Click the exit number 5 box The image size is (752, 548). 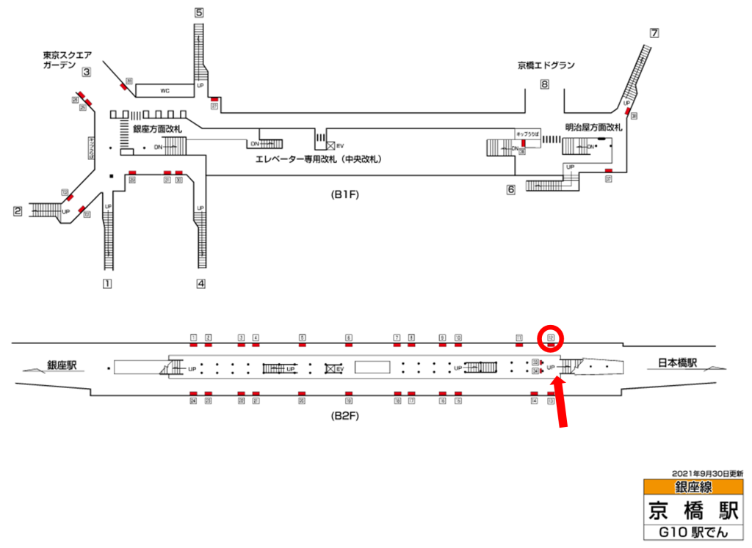tap(199, 12)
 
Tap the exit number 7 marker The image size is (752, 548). tap(654, 33)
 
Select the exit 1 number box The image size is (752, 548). tap(107, 282)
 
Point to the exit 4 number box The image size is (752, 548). tap(200, 282)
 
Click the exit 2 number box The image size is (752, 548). tap(17, 211)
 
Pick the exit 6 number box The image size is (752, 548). tap(510, 189)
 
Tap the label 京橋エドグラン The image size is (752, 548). tap(546, 65)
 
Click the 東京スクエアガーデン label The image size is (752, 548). tap(67, 59)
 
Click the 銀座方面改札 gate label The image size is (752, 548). tap(156, 128)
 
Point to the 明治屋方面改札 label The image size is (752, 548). tap(593, 127)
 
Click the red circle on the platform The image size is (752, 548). tap(551, 339)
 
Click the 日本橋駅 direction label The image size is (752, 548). tap(676, 362)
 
